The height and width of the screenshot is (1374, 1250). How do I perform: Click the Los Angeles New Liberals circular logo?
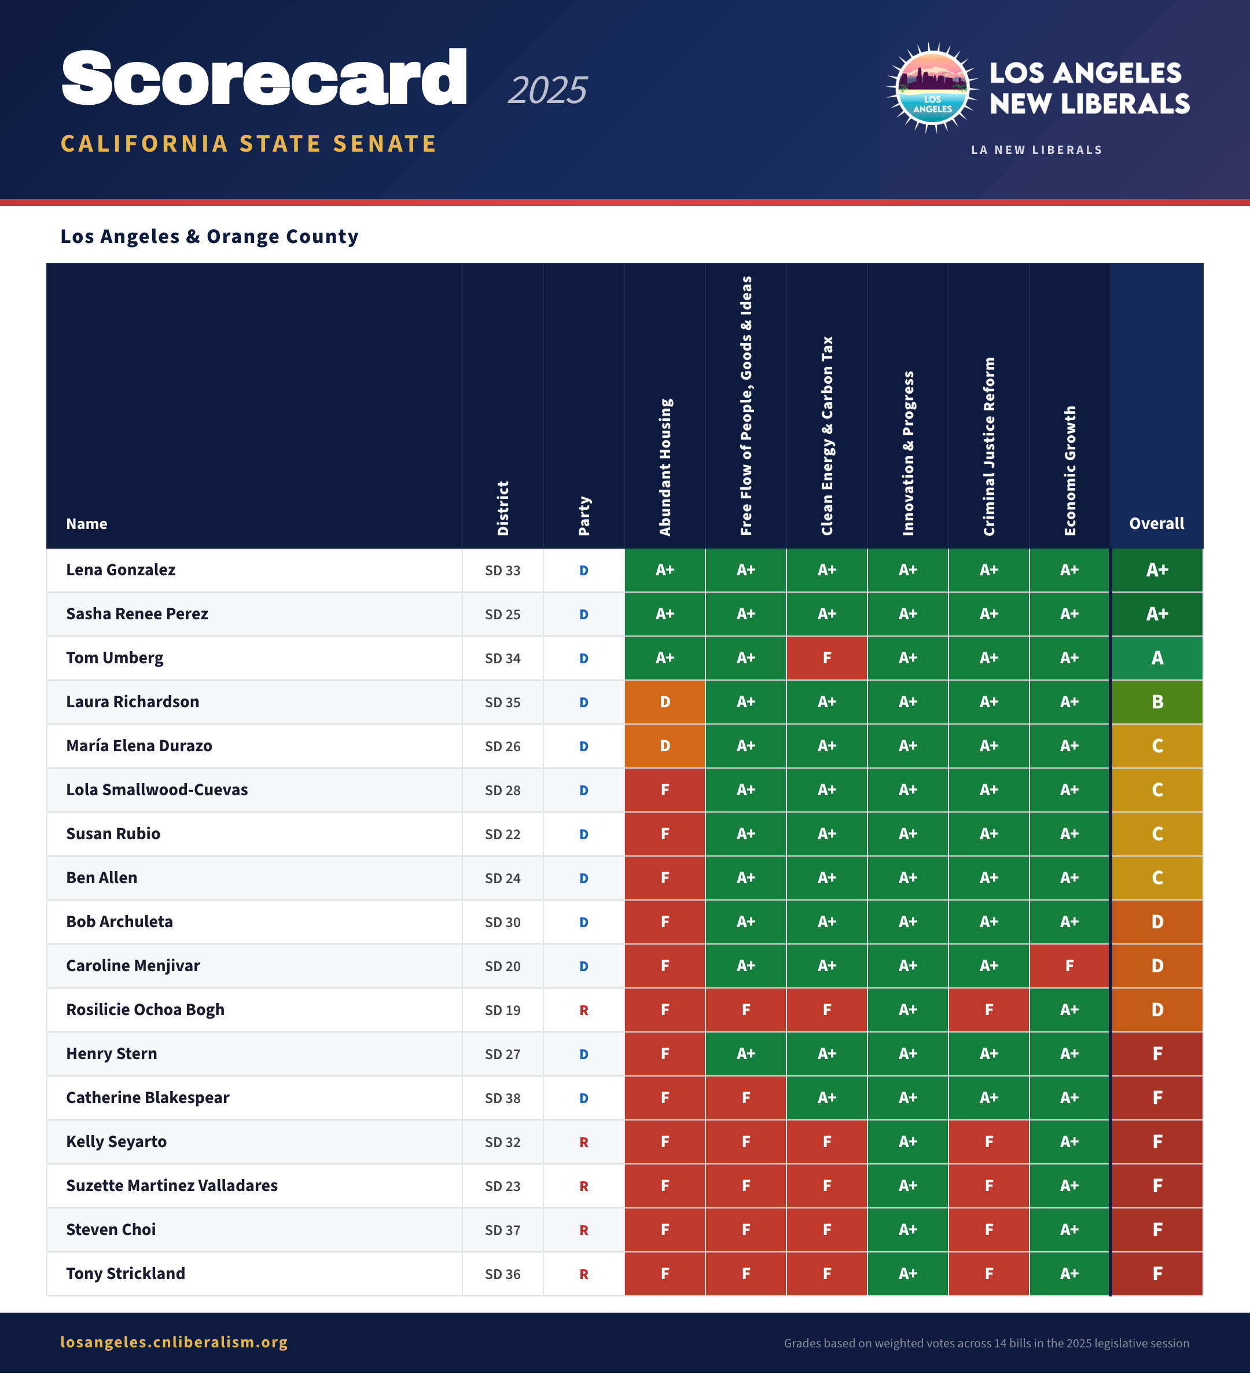[932, 88]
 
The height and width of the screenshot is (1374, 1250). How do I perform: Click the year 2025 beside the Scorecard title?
[547, 90]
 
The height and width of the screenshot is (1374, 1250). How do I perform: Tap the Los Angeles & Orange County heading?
[209, 237]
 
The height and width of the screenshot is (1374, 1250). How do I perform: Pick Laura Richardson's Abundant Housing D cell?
[664, 702]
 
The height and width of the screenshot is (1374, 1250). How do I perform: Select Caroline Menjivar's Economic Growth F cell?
[1069, 966]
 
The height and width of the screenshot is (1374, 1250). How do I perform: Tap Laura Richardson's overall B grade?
[1157, 702]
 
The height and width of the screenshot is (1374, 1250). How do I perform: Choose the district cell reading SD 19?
[502, 1010]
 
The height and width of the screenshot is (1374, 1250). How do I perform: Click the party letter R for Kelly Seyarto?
[583, 1142]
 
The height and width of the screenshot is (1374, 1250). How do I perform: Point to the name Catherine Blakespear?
[147, 1098]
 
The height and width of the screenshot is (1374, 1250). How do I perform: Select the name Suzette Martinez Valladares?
[172, 1186]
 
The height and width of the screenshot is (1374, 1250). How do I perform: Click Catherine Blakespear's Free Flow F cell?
[745, 1098]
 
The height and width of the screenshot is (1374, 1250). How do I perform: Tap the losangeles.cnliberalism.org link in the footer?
[174, 1342]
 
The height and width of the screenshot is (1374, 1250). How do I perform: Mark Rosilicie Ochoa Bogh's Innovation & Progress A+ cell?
[907, 1010]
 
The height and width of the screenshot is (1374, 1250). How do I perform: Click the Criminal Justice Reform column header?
[988, 446]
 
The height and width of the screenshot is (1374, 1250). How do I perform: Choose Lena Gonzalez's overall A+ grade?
[1157, 571]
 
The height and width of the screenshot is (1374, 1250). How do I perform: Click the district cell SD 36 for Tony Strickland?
[502, 1274]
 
